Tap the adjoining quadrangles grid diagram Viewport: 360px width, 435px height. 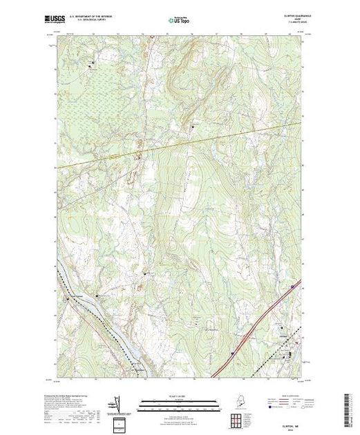pyautogui.click(x=238, y=418)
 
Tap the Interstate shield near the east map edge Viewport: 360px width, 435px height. pyautogui.click(x=292, y=285)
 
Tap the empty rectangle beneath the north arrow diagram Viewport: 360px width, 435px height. pyautogui.click(x=120, y=422)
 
